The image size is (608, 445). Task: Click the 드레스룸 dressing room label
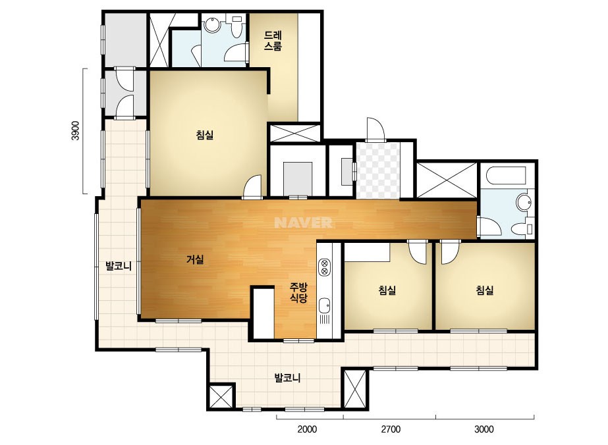click(273, 41)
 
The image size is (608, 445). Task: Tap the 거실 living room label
click(195, 259)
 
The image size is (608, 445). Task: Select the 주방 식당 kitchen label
click(298, 293)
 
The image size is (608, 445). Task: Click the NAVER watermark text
click(303, 222)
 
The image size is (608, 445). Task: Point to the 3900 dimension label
click(76, 131)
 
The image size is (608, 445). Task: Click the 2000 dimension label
click(307, 429)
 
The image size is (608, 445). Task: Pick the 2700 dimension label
click(391, 429)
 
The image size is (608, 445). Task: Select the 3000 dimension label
click(484, 429)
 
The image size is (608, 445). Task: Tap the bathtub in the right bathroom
click(505, 175)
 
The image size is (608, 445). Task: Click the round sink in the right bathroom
click(524, 202)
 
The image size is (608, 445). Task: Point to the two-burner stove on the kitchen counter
click(324, 267)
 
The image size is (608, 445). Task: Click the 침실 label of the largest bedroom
click(205, 135)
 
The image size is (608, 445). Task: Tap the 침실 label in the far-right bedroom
click(485, 290)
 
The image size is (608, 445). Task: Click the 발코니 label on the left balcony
click(119, 266)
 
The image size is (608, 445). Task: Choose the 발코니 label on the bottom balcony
click(287, 378)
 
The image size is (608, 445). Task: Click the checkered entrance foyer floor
click(378, 170)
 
